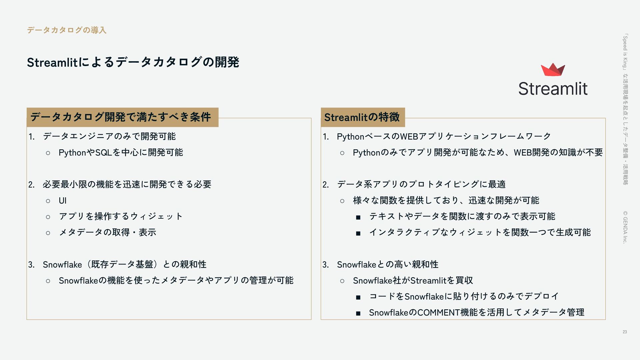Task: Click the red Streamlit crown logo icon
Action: pos(553,70)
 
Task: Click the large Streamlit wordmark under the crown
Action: pos(553,89)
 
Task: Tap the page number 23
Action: pos(625,332)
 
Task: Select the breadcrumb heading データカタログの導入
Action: pos(67,30)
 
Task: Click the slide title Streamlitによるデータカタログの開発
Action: pos(133,62)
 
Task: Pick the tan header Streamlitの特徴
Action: pos(362,117)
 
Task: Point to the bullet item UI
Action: pos(63,201)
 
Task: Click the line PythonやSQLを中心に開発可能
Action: pos(121,153)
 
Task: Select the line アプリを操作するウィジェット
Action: pos(121,216)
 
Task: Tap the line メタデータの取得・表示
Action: pos(107,232)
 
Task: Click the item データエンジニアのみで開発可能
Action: pos(109,136)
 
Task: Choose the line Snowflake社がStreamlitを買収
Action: pos(413,281)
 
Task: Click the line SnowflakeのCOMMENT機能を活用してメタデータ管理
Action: pos(476,313)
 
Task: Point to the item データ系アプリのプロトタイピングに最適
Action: pos(421,184)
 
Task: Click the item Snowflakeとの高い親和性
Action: pos(387,265)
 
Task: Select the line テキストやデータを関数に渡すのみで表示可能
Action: pos(462,217)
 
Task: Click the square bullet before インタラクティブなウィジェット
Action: pos(358,233)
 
